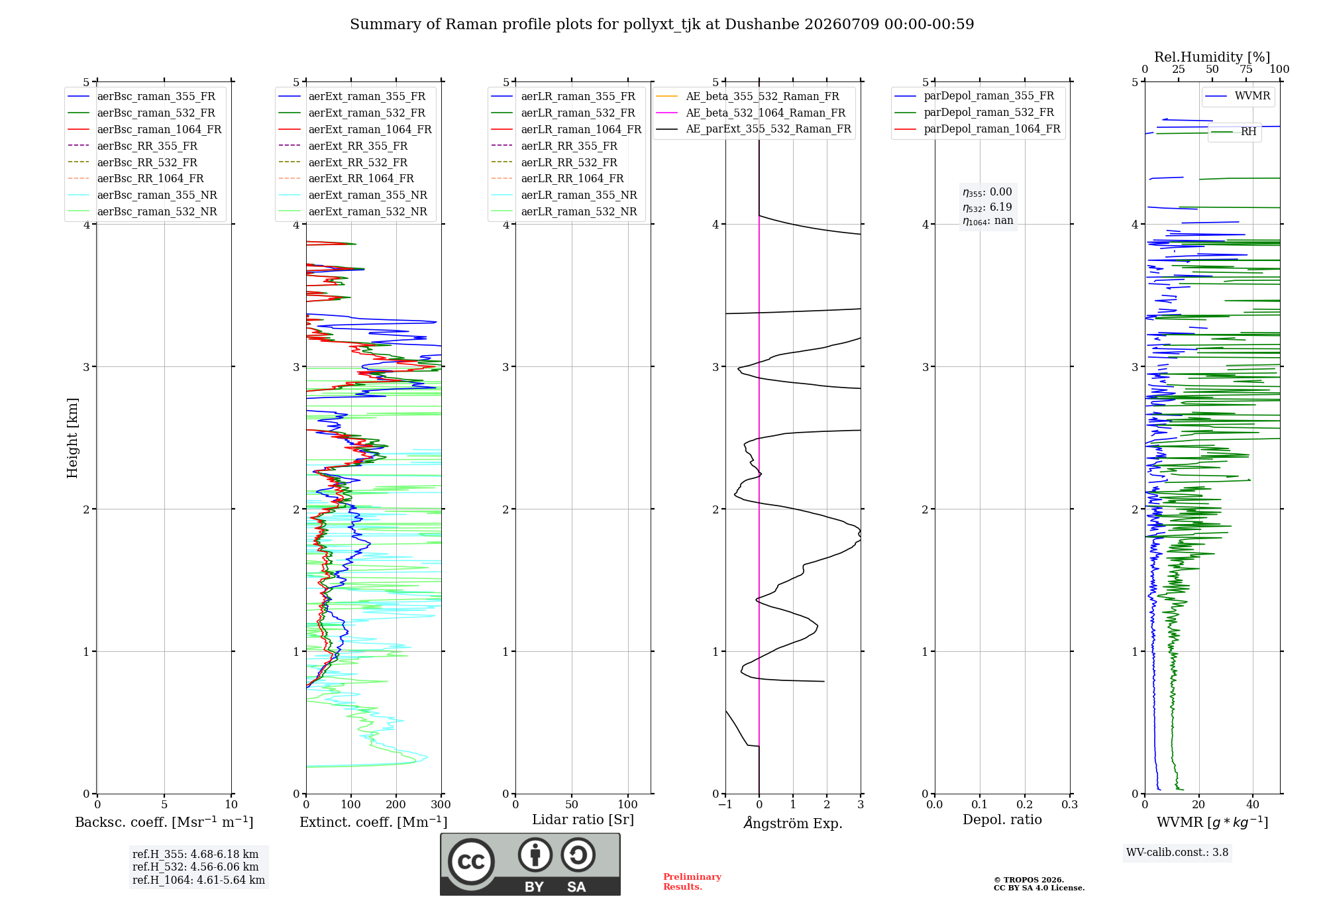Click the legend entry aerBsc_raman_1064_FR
coord(145,129)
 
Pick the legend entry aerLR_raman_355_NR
coord(564,195)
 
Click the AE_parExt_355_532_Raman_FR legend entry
coord(754,129)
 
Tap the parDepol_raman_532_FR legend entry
coord(975,112)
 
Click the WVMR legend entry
coord(1238,96)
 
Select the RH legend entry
coord(1234,132)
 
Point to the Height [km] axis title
coord(72,438)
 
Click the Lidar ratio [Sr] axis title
coord(583,820)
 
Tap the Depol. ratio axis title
coord(1002,820)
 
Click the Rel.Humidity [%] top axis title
coord(1212,57)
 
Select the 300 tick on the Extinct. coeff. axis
coord(441,804)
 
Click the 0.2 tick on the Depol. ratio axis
coord(1025,804)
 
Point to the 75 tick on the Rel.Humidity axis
coord(1246,69)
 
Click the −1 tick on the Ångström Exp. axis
coord(725,804)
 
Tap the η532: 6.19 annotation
coord(987,207)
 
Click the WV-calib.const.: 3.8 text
coord(1177,853)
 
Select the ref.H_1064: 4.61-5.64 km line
coord(199,880)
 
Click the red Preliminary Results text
coord(692,882)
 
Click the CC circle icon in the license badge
coord(471,861)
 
